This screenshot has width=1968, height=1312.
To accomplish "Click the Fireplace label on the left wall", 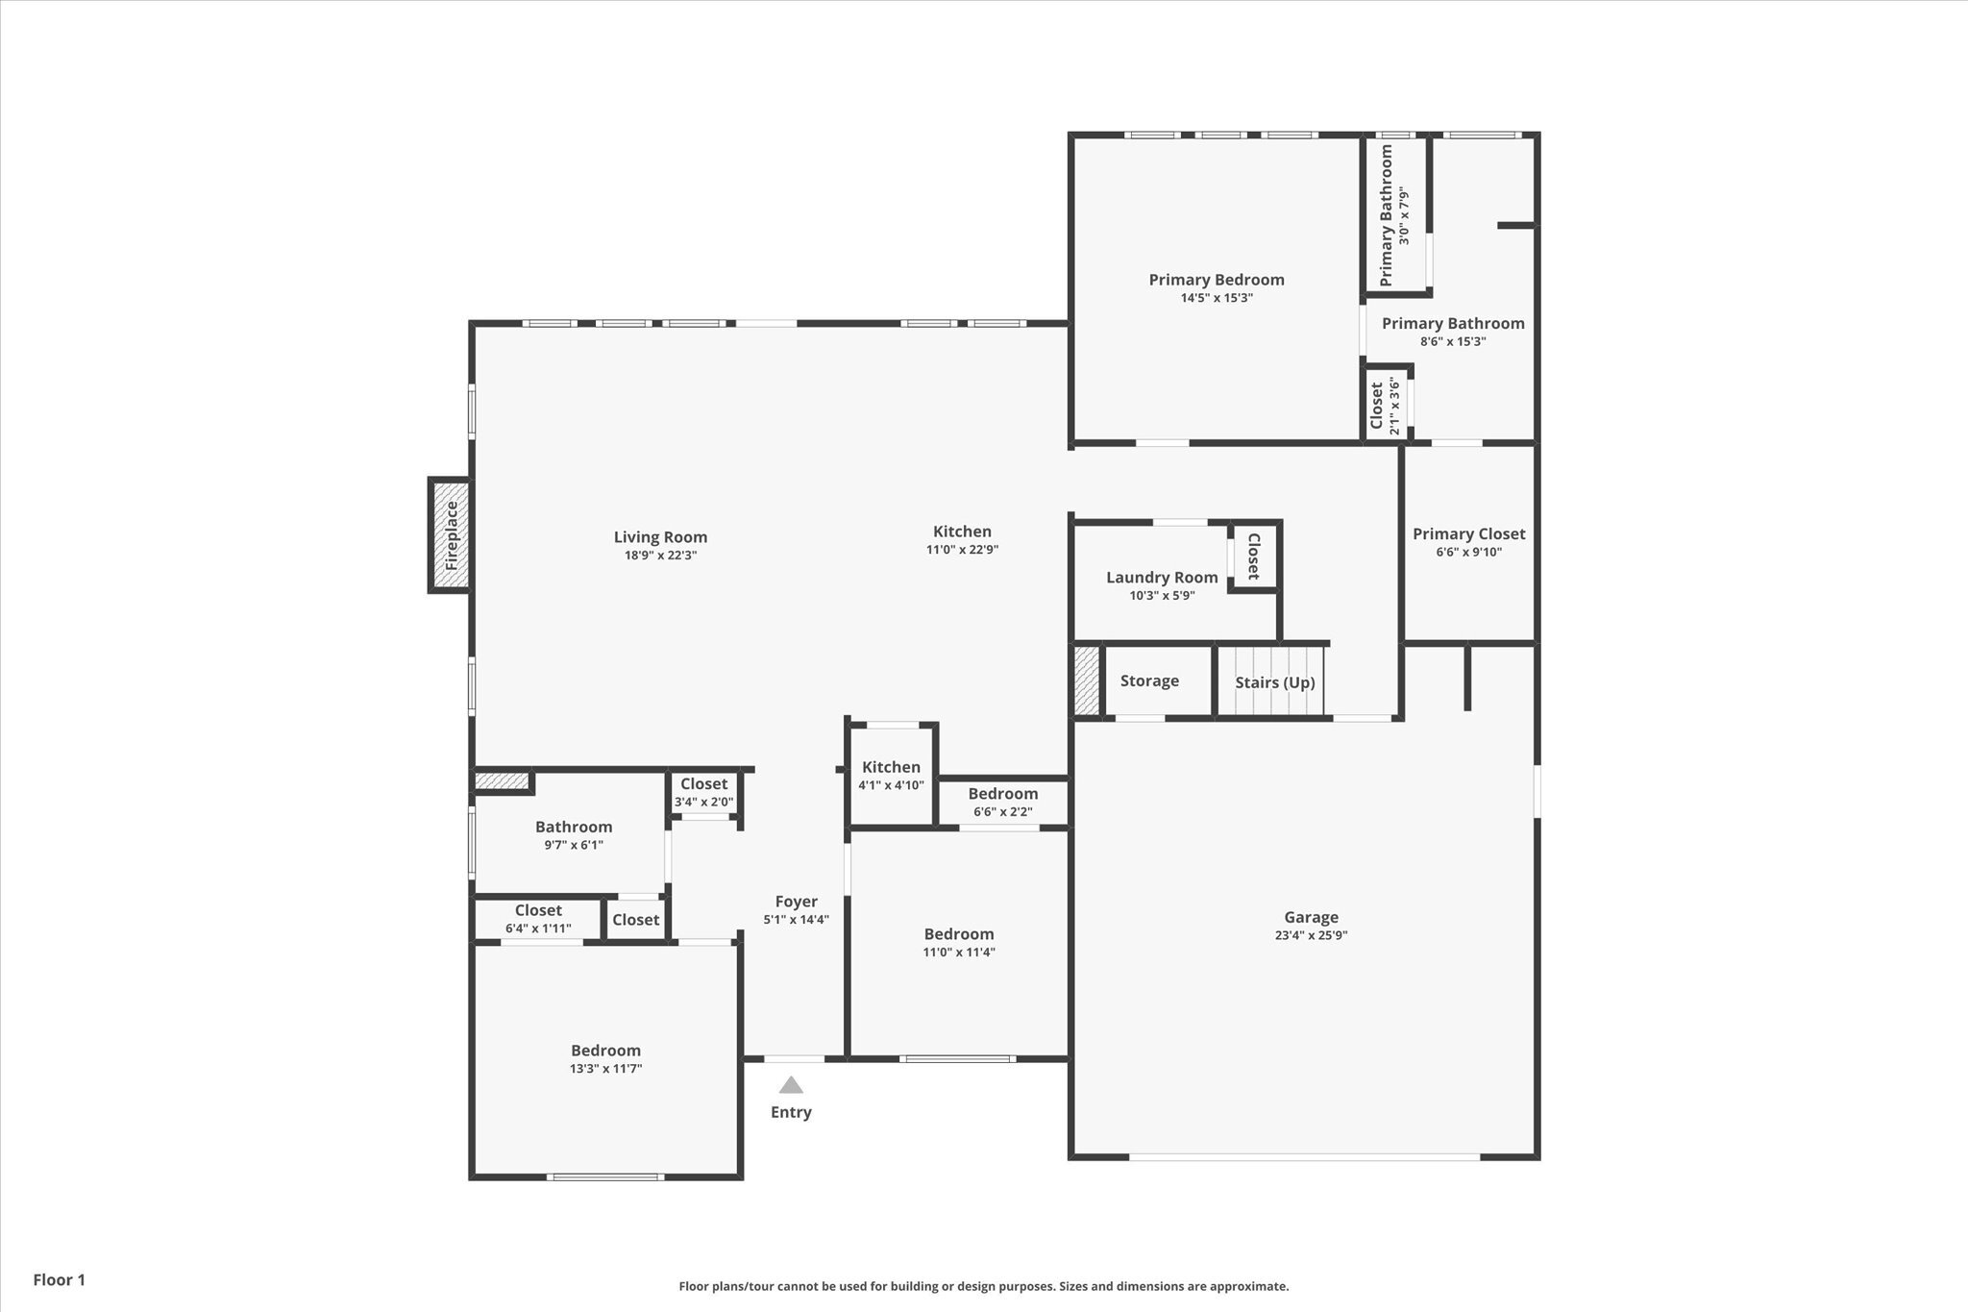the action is coord(452,535).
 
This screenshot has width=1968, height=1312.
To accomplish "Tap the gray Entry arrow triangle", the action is coord(791,1085).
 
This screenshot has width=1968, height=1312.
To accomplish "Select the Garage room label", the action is coord(1311,917).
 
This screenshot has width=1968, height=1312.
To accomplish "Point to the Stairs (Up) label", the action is coord(1275,682).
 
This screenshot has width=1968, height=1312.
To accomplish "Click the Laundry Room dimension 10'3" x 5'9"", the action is coord(1162,596).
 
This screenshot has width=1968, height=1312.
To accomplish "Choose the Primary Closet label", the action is coord(1468,533).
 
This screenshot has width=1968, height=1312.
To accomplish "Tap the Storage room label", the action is coord(1149,681).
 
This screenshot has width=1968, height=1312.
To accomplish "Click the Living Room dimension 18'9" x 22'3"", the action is coord(660,556).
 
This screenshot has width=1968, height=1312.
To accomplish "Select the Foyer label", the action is coord(796,902).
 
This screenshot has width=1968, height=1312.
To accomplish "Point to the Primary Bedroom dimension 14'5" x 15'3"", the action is coord(1217,298).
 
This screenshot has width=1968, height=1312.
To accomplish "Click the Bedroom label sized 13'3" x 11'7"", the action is coord(605,1051).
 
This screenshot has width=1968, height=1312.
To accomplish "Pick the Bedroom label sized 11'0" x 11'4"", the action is coord(958,934).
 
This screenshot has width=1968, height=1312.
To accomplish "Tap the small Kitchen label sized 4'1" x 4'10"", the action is coord(891,767).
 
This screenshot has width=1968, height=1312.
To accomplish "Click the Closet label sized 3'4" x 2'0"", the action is coord(703,784).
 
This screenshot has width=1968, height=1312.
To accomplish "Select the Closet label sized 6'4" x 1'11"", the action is coord(538,910).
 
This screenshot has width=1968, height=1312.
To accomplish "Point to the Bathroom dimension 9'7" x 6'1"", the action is coord(574,846).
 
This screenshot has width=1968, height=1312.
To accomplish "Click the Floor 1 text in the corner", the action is coord(60,1280).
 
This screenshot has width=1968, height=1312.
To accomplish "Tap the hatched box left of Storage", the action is coord(1087,681).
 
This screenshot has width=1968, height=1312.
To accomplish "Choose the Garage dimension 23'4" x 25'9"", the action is coord(1311,935).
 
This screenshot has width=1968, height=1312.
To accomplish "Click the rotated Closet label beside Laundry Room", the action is coord(1253,557).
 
